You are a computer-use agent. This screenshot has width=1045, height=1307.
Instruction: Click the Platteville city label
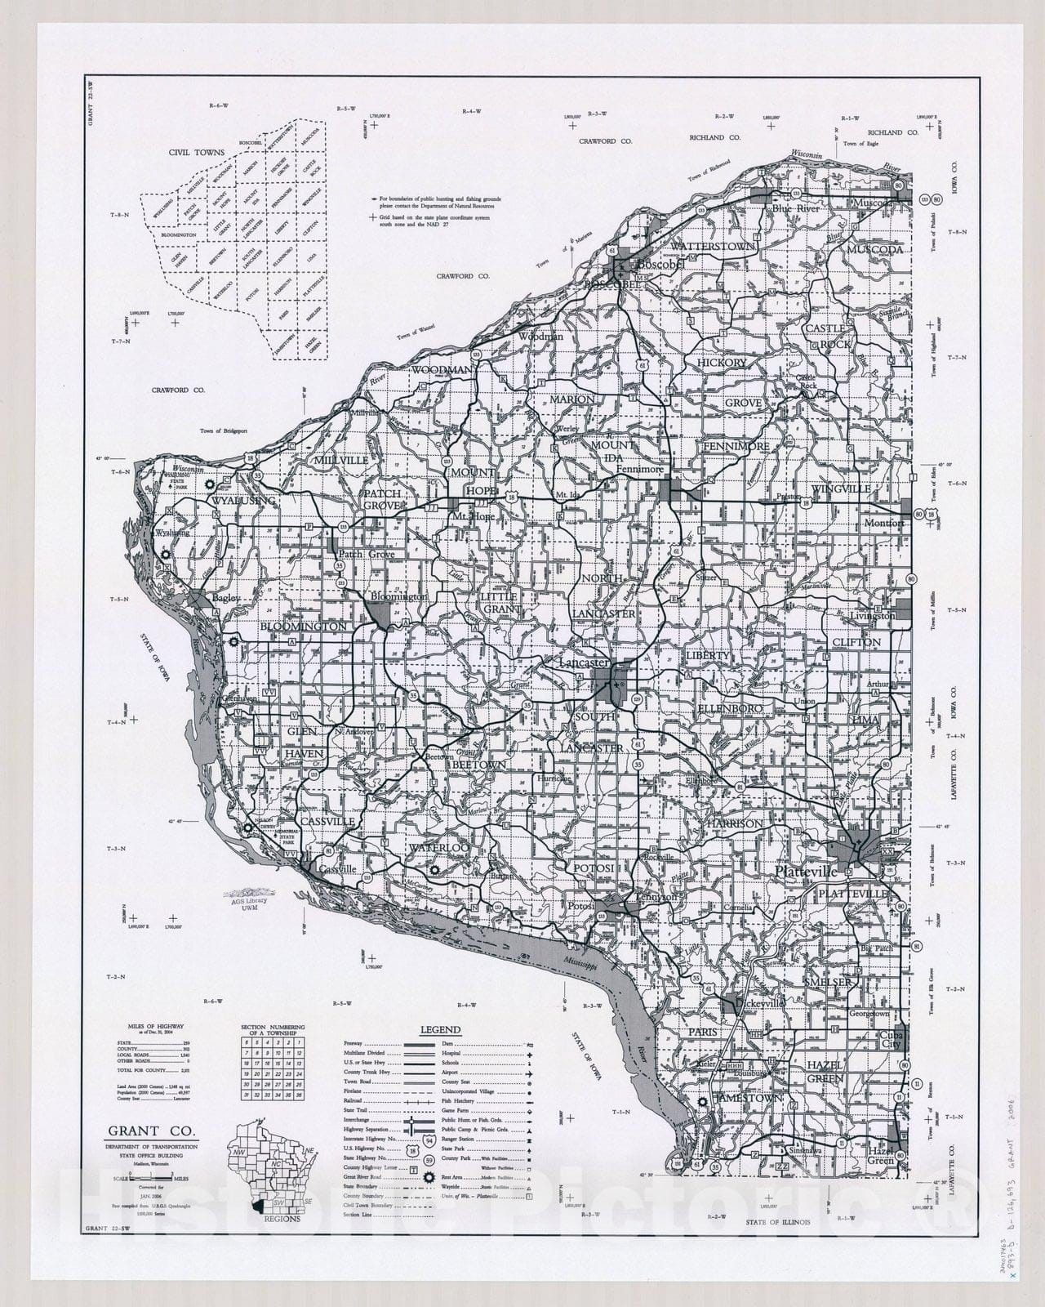806,872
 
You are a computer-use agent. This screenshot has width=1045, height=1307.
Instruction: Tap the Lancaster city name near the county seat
584,663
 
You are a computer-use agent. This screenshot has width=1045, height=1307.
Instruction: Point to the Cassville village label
336,869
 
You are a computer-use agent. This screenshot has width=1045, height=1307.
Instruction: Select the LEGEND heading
440,1030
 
